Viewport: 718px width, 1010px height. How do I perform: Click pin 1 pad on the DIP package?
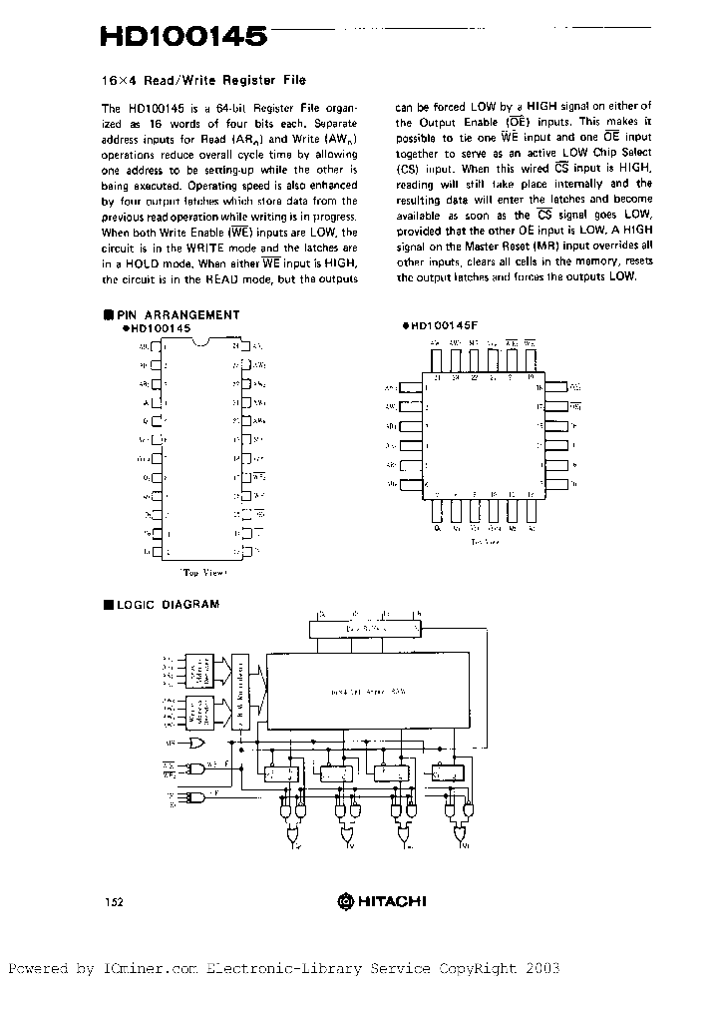[x=158, y=345]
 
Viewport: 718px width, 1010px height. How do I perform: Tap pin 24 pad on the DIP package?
[x=246, y=345]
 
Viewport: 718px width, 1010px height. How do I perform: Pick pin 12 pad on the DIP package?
[x=158, y=551]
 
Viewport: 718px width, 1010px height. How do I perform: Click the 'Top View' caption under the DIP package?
[x=203, y=573]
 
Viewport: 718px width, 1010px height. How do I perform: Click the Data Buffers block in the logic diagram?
[x=365, y=630]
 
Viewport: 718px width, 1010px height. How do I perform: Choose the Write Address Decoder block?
[x=206, y=713]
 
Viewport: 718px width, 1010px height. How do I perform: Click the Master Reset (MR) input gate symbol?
[x=197, y=744]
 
